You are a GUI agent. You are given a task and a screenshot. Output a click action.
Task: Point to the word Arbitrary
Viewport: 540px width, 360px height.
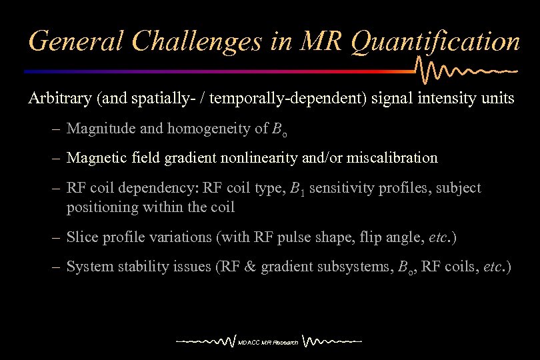(x=59, y=99)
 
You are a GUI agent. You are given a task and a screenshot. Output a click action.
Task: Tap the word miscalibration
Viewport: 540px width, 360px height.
(x=393, y=158)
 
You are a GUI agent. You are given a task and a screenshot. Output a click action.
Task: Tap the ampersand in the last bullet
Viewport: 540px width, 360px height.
(x=249, y=267)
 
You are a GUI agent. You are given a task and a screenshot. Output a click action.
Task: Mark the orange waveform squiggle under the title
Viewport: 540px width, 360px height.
(x=467, y=69)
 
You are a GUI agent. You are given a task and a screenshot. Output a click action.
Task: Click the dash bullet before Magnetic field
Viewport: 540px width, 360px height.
(x=57, y=158)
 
